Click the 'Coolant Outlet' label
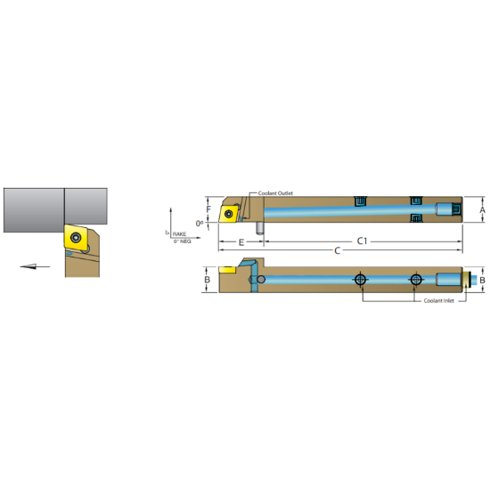pyautogui.click(x=274, y=193)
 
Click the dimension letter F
pyautogui.click(x=209, y=210)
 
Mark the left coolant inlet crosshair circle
pyautogui.click(x=360, y=280)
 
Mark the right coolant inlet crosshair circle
pyautogui.click(x=415, y=280)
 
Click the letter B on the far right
pyautogui.click(x=482, y=280)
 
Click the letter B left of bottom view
pyautogui.click(x=208, y=280)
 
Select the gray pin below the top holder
pyautogui.click(x=259, y=228)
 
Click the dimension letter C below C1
pyautogui.click(x=337, y=250)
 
